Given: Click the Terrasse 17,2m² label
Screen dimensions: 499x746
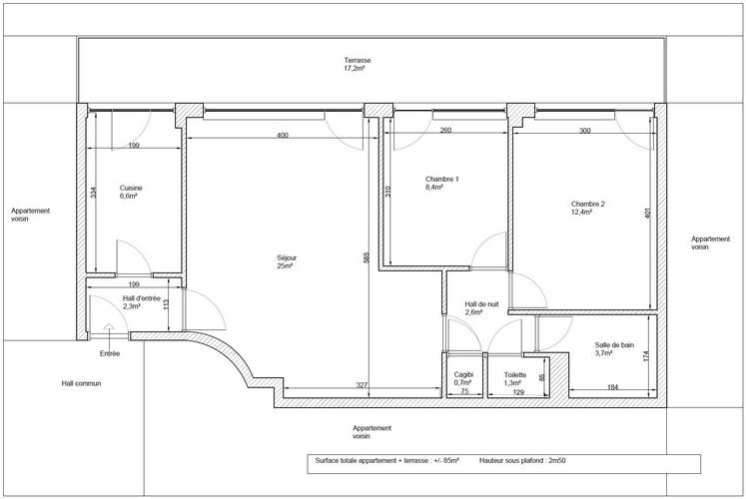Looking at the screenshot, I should pos(355,64).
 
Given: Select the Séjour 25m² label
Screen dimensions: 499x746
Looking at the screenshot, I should pos(287,262).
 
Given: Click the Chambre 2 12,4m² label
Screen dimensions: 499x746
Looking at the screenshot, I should pos(588,207).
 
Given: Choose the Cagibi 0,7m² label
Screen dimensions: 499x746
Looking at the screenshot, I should pos(462,379).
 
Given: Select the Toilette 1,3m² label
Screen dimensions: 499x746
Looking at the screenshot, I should pos(515,379).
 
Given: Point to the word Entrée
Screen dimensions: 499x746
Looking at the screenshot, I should pos(110,353).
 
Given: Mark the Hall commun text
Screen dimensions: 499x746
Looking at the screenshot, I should pos(81,382).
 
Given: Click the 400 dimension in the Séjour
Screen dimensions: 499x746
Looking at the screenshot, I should pos(283,135).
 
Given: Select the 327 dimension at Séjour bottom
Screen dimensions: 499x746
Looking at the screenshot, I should pos(336,384).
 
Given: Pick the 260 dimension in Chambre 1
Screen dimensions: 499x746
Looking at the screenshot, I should pos(444,131).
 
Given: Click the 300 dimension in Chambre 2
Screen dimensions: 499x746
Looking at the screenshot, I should pos(584,131).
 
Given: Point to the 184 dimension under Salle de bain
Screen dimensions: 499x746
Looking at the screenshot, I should pos(613,386).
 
